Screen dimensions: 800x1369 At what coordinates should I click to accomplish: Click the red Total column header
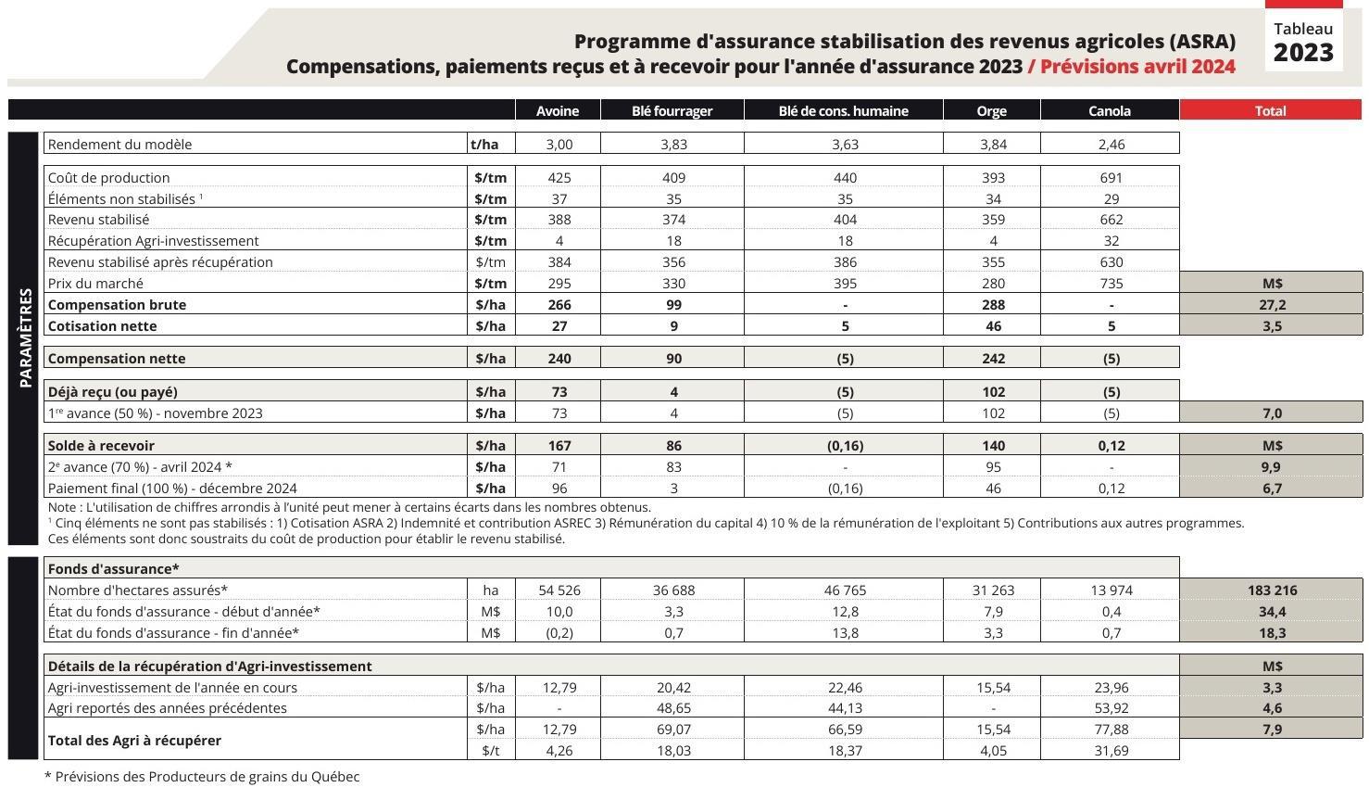pyautogui.click(x=1270, y=110)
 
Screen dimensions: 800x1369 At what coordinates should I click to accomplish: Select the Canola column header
pyautogui.click(x=1109, y=110)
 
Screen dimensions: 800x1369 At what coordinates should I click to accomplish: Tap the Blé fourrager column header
pyautogui.click(x=672, y=110)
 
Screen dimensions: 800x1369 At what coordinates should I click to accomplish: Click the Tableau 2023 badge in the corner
pyautogui.click(x=1302, y=43)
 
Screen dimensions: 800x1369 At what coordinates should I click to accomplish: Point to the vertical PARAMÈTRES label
pyautogui.click(x=25, y=337)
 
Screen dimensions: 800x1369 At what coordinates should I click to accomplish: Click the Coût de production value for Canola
pyautogui.click(x=1111, y=177)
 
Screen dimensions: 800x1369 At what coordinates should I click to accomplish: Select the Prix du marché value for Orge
pyautogui.click(x=991, y=283)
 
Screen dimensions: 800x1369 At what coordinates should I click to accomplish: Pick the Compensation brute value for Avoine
pyautogui.click(x=559, y=304)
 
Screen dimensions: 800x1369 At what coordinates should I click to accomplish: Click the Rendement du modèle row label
pyautogui.click(x=119, y=144)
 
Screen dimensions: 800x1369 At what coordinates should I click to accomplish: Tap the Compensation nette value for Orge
pyautogui.click(x=992, y=358)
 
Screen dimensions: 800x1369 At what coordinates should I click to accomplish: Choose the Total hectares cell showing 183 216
pyautogui.click(x=1272, y=590)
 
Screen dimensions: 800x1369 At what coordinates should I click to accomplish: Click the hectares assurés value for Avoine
pyautogui.click(x=559, y=590)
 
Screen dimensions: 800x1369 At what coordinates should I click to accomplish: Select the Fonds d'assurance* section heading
pyautogui.click(x=113, y=568)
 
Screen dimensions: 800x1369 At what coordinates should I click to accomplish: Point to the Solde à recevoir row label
pyautogui.click(x=101, y=445)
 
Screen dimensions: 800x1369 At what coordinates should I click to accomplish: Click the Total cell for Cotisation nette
pyautogui.click(x=1272, y=325)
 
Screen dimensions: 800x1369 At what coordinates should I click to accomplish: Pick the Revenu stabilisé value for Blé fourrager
pyautogui.click(x=673, y=220)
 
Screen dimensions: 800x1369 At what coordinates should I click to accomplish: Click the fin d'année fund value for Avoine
pyautogui.click(x=559, y=632)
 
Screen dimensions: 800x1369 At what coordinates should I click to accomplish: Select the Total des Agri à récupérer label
pyautogui.click(x=133, y=740)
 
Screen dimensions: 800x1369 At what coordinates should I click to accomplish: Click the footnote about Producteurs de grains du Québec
pyautogui.click(x=202, y=777)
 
